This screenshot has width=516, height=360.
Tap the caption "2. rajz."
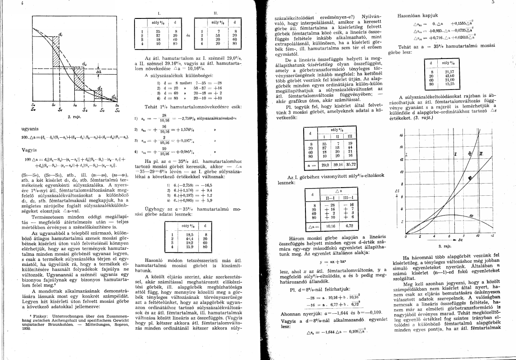pos(67,117)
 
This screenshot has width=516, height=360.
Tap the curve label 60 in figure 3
pos(470,216)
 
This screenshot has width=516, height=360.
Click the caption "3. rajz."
pos(444,246)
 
